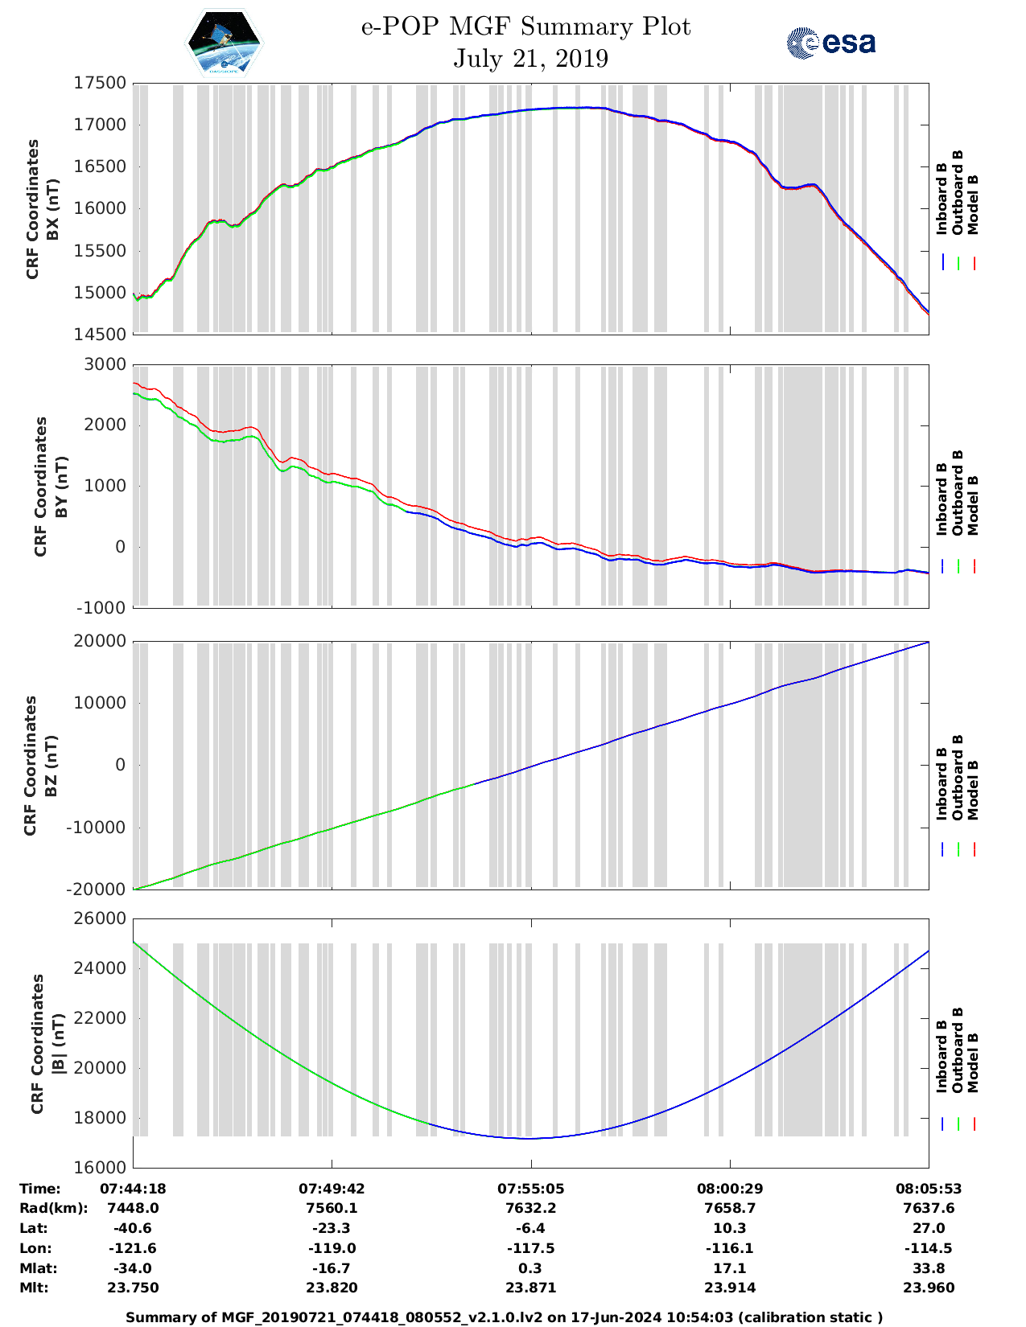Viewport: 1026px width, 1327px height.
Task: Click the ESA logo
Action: pos(830,43)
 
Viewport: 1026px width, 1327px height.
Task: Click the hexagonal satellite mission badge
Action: pos(224,43)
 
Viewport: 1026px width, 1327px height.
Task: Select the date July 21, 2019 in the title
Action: pos(530,59)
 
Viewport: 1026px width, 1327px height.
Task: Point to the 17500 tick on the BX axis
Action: pos(100,83)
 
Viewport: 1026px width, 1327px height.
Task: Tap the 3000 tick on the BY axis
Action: pos(105,364)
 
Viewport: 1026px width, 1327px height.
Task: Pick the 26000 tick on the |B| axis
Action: pos(100,918)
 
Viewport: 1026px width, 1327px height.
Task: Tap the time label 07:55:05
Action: pos(530,1189)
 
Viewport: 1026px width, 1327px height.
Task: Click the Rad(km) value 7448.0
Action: pos(133,1208)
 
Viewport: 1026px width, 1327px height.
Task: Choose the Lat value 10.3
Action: pos(730,1228)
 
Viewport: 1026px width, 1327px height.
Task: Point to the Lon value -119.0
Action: pos(332,1248)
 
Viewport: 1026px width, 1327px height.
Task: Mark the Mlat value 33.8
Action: pos(929,1268)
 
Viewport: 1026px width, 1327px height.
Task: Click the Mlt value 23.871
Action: pos(530,1288)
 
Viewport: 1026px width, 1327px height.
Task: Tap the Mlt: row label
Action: pos(34,1288)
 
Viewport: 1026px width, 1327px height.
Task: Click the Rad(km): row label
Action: pos(53,1208)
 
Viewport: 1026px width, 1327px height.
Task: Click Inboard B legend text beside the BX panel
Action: pos(942,199)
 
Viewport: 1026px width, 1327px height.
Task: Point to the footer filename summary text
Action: pos(505,1317)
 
